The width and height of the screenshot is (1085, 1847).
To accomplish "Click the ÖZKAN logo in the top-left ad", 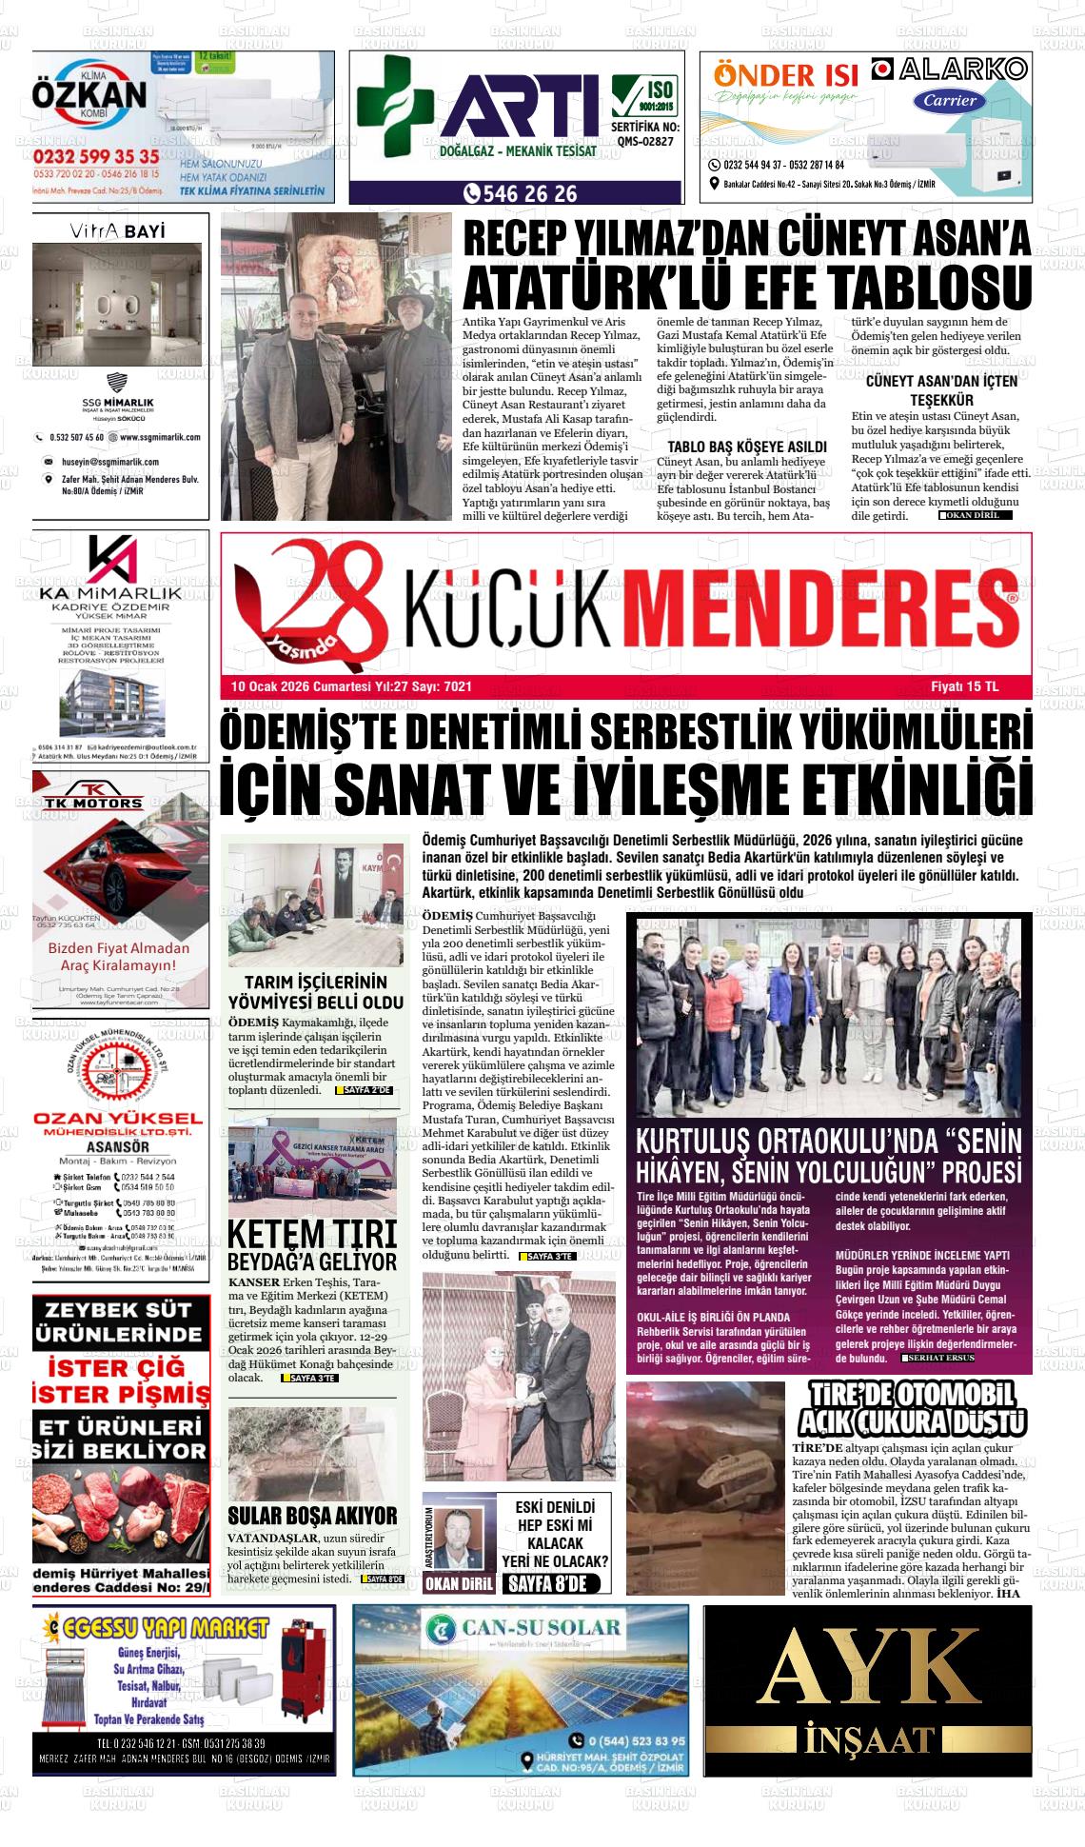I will (89, 95).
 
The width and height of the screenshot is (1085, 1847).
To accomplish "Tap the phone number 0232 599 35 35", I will (96, 156).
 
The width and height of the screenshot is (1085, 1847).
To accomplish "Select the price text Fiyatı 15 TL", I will (964, 686).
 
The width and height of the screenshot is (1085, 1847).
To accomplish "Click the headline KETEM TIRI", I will (311, 1234).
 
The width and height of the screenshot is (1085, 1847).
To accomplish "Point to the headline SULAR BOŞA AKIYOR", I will (312, 1516).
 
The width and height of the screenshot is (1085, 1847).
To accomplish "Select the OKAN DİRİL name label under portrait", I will (459, 1584).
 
